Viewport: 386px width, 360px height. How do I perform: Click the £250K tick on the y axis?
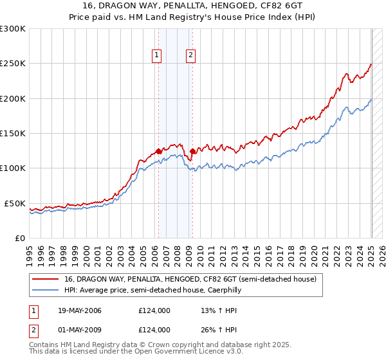tap(14, 64)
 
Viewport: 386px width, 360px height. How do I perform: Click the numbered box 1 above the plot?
tap(157, 56)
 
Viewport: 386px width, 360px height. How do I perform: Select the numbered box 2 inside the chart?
tap(191, 56)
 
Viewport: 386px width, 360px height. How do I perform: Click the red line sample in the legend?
tap(44, 280)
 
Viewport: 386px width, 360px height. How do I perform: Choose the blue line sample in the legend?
tap(44, 290)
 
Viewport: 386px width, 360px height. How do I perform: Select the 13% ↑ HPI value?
tap(210, 311)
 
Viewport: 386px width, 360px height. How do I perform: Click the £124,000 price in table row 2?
tap(154, 330)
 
